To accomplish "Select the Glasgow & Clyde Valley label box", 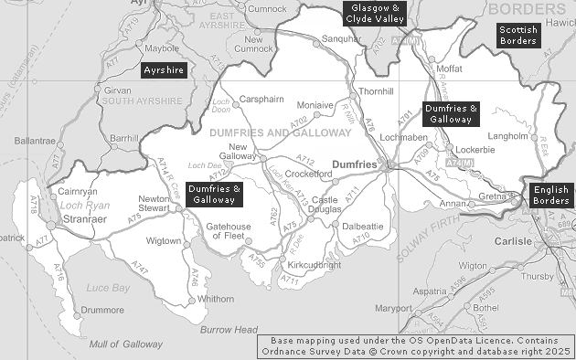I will coord(371,13).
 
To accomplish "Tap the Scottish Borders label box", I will coord(517,36).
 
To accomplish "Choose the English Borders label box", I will coord(550,195).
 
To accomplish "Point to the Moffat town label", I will coord(450,69).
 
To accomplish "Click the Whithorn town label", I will coord(215,299).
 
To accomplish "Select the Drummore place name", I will coord(101,310).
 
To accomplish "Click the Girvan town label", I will coord(117,91).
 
